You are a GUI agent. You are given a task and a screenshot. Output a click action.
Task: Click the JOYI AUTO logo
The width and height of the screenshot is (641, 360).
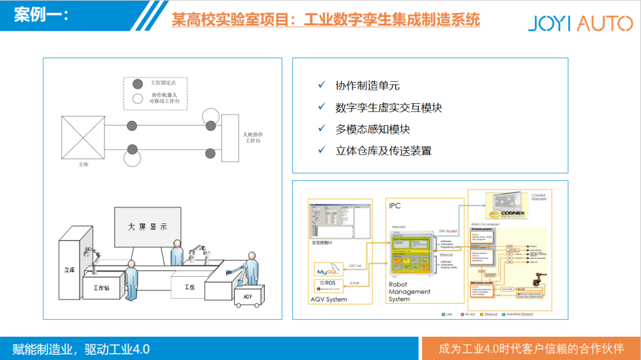click(580, 24)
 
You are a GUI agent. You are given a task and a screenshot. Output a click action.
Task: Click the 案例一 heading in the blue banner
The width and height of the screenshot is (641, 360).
click(41, 14)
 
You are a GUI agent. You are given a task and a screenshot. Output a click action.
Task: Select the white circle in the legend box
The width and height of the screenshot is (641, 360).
click(138, 98)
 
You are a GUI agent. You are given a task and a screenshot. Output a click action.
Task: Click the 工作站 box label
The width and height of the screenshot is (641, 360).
click(101, 288)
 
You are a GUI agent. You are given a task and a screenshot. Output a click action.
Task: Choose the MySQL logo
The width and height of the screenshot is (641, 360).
click(327, 272)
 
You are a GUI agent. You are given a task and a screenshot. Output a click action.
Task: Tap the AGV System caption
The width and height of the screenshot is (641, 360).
click(329, 300)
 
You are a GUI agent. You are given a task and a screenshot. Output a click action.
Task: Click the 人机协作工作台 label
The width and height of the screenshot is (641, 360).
click(255, 138)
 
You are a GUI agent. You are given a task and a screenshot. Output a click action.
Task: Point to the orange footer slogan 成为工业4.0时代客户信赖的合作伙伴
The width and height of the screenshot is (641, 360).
click(531, 348)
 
